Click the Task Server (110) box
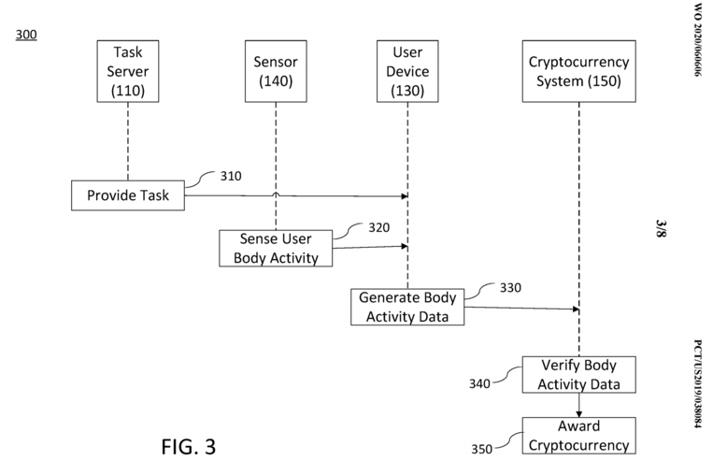(127, 71)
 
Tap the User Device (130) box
(407, 71)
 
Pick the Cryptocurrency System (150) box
(579, 71)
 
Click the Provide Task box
(128, 195)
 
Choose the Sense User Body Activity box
(275, 248)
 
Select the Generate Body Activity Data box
(407, 308)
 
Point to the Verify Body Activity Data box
(578, 374)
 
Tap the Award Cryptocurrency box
(578, 436)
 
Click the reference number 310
(231, 176)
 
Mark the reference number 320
(378, 227)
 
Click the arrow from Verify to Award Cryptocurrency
(579, 405)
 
